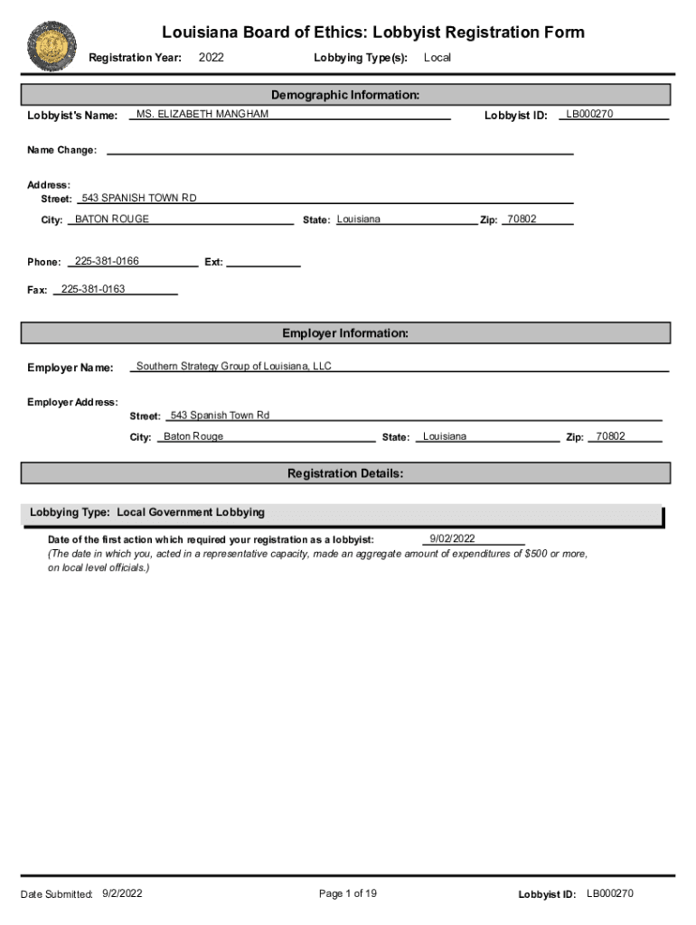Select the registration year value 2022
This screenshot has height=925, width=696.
(x=211, y=58)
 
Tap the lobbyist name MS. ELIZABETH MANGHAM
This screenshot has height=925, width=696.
(x=202, y=115)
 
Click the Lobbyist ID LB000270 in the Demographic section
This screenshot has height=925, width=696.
(x=589, y=115)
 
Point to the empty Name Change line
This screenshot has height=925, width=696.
(x=339, y=150)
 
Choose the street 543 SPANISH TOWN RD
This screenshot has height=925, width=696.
(x=138, y=198)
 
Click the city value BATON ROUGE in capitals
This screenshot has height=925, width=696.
(x=112, y=220)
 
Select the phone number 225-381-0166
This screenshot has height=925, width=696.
(x=107, y=261)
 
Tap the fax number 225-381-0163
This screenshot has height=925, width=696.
(x=93, y=289)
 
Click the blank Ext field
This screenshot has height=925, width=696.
(x=263, y=262)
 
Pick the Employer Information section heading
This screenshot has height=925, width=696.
(x=345, y=333)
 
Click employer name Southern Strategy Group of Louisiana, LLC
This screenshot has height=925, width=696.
(x=234, y=367)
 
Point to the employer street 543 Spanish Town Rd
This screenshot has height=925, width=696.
(x=220, y=416)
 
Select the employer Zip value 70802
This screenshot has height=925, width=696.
(x=610, y=436)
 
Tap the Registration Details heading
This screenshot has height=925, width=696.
(x=345, y=473)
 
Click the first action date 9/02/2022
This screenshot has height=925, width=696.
(x=452, y=539)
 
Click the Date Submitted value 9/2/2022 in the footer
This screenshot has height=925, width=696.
(x=123, y=893)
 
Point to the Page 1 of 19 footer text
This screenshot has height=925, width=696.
(x=348, y=893)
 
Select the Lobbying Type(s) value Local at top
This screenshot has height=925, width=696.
(x=437, y=58)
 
